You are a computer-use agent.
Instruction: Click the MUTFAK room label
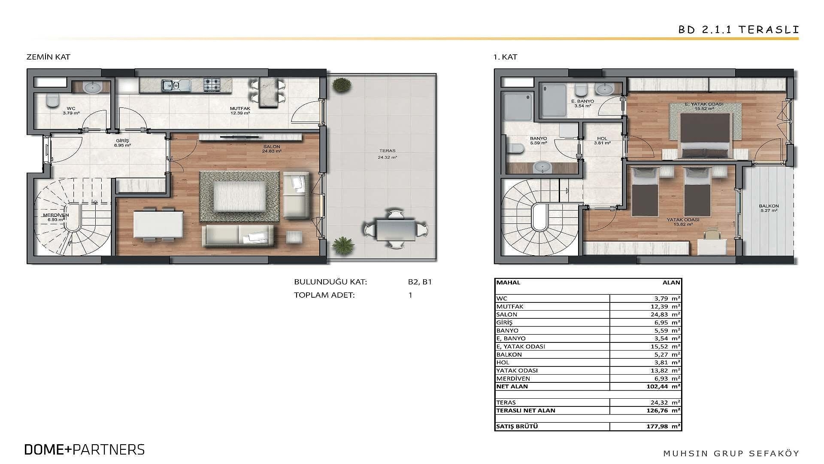[x=240, y=109]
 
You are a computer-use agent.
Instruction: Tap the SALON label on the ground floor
[x=272, y=147]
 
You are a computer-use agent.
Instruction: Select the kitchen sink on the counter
[x=176, y=85]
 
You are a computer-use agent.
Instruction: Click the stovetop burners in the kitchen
[x=212, y=85]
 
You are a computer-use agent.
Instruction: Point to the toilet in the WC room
[x=53, y=101]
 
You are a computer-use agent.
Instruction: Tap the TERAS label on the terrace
[x=388, y=151]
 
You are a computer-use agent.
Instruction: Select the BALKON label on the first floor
[x=769, y=206]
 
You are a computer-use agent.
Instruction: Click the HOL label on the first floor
[x=603, y=138]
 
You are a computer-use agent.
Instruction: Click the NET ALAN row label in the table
[x=512, y=386]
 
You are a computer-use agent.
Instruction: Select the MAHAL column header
[x=508, y=282]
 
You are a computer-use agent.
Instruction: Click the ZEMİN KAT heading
[x=48, y=57]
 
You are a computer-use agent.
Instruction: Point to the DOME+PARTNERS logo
[x=85, y=449]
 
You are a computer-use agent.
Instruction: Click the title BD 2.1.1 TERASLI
[x=739, y=30]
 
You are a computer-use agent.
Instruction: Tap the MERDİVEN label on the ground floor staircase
[x=56, y=215]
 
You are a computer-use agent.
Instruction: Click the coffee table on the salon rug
[x=240, y=196]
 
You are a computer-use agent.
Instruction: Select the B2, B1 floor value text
[x=420, y=282]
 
